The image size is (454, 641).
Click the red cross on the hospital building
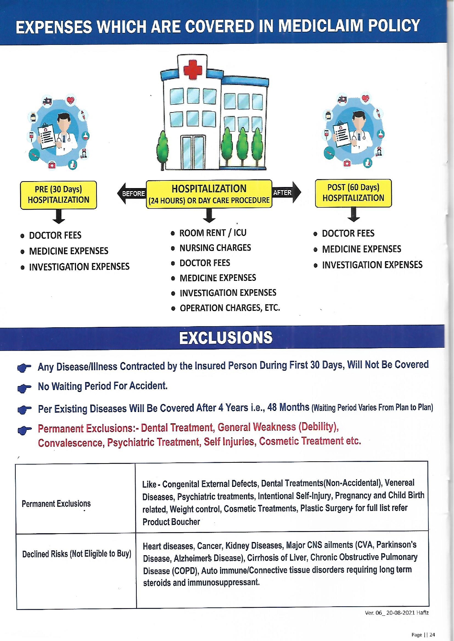point(193,69)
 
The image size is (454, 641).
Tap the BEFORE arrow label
point(133,194)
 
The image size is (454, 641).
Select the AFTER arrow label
point(283,192)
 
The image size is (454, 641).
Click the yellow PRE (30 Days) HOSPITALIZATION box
point(58,195)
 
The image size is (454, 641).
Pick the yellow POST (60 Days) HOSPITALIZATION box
point(353,193)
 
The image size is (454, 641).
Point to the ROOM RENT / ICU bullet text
point(213,233)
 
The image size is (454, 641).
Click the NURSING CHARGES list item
point(215,248)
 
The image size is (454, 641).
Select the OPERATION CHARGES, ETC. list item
point(230,308)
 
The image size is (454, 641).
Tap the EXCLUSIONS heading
point(226,337)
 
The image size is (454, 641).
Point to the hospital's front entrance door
point(193,152)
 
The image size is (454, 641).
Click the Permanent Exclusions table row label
point(56,504)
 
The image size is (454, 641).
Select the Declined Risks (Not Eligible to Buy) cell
point(76,554)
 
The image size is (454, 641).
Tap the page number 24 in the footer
point(432,635)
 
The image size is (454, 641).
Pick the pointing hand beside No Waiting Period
point(24,388)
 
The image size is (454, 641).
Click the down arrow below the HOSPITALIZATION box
point(209,215)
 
